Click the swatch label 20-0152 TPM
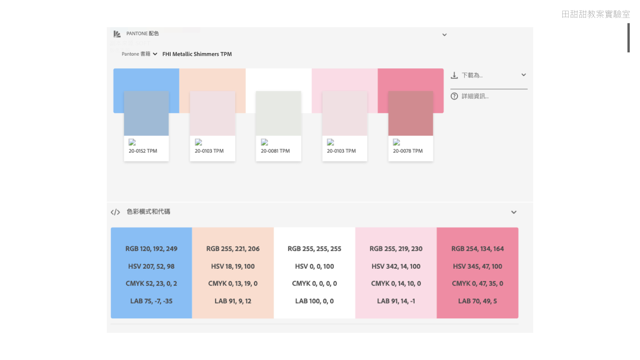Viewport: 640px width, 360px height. pos(143,151)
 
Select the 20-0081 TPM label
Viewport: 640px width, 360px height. pos(275,151)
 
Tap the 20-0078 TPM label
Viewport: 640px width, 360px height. pos(407,151)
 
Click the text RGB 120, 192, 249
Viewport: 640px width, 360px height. pos(151,249)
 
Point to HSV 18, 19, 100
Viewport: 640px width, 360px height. pos(233,266)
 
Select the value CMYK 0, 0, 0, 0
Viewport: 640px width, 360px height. pos(314,283)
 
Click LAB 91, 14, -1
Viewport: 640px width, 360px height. pos(396,301)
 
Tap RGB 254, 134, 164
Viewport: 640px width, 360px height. pos(477,249)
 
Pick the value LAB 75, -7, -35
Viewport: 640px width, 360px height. pos(151,301)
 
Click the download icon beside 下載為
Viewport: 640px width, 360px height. pos(454,75)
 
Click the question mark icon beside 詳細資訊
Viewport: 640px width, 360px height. pos(454,96)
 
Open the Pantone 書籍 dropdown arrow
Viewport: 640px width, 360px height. pos(155,54)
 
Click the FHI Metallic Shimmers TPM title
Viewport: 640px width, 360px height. pos(197,54)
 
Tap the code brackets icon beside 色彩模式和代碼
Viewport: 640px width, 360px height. pos(115,212)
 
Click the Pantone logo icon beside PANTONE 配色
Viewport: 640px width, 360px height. pos(117,34)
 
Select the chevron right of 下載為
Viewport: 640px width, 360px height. pos(524,75)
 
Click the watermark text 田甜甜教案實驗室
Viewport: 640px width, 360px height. pos(596,14)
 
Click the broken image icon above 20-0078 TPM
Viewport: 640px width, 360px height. pos(396,142)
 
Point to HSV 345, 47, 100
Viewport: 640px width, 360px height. pos(477,266)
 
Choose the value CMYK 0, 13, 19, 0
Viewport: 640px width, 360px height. pos(233,283)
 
